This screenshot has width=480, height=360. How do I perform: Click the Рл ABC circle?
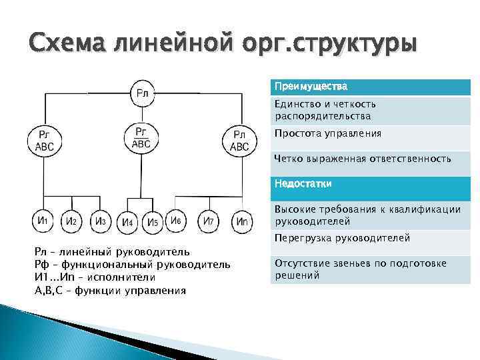click(239, 141)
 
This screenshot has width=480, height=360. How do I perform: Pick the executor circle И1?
click(43, 221)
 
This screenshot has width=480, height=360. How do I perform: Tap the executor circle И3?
click(100, 221)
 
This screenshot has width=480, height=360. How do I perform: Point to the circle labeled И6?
click(176, 220)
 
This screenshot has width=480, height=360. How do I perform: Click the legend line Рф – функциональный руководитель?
click(133, 264)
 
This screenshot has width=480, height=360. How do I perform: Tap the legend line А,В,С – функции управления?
click(110, 290)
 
